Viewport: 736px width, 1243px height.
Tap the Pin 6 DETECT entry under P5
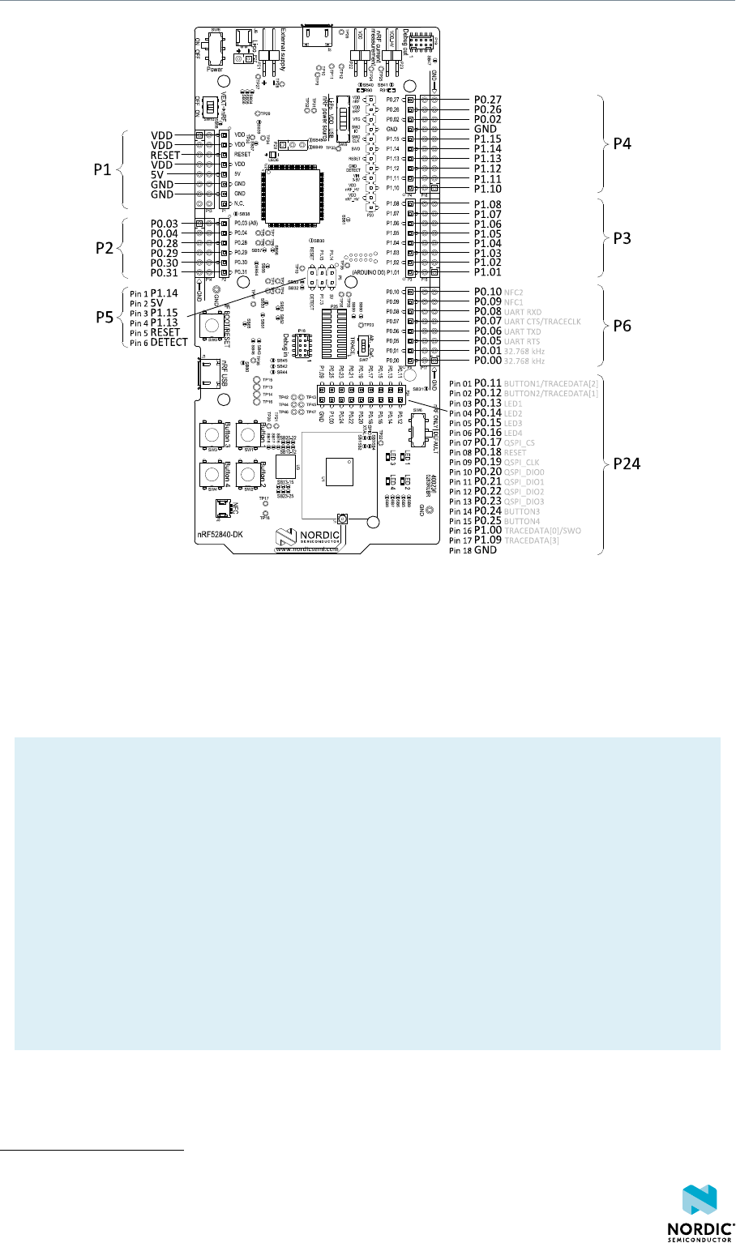[159, 343]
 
